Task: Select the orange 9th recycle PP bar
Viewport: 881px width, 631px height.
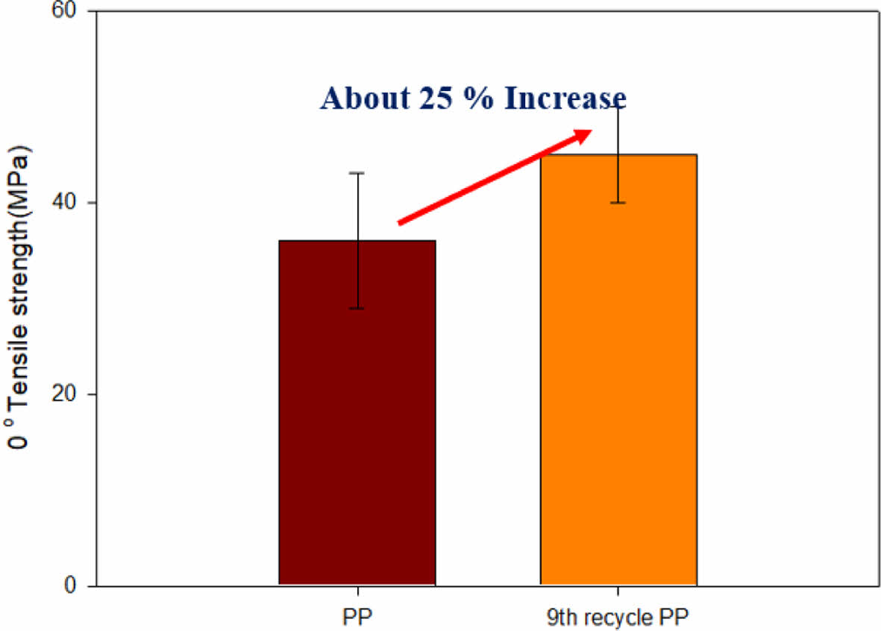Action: (618, 369)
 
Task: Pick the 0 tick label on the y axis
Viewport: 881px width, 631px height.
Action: (75, 586)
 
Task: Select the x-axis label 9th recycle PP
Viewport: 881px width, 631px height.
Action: (618, 617)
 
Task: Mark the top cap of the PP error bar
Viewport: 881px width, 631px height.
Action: (359, 173)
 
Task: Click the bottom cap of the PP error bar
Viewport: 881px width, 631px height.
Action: (359, 309)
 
